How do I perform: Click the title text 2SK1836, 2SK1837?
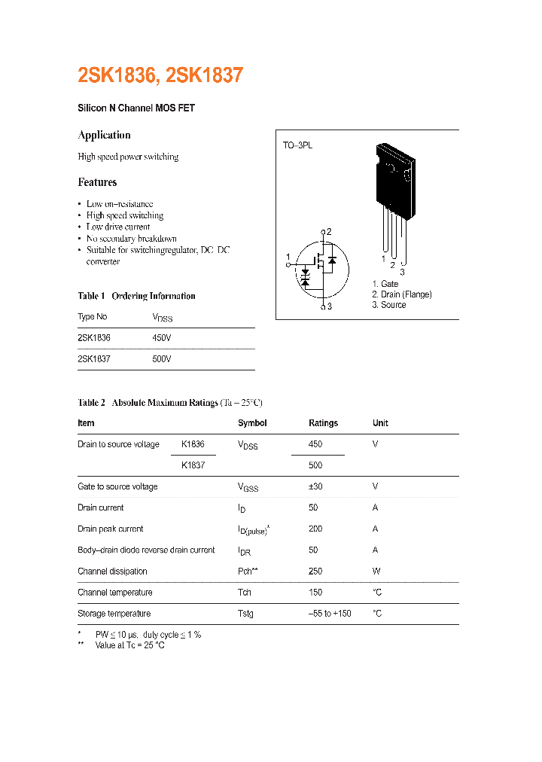pyautogui.click(x=160, y=76)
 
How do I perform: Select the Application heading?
pyautogui.click(x=104, y=136)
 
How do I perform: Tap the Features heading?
pyautogui.click(x=97, y=182)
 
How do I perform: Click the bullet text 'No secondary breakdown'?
pyautogui.click(x=131, y=239)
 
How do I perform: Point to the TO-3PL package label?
pyautogui.click(x=297, y=144)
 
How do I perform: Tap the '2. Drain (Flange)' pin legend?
pyautogui.click(x=401, y=294)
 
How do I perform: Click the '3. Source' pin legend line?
pyautogui.click(x=388, y=305)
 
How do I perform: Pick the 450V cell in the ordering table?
pyautogui.click(x=162, y=338)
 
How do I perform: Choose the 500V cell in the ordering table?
pyautogui.click(x=162, y=359)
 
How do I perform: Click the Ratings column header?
pyautogui.click(x=323, y=423)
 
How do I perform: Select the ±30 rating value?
pyautogui.click(x=315, y=486)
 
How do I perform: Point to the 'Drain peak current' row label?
pyautogui.click(x=110, y=529)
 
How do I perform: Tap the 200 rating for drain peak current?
pyautogui.click(x=315, y=529)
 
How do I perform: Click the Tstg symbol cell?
pyautogui.click(x=245, y=614)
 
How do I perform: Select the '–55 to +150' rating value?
pyautogui.click(x=330, y=614)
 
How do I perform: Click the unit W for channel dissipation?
pyautogui.click(x=376, y=571)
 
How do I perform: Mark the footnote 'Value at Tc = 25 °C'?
pyautogui.click(x=129, y=645)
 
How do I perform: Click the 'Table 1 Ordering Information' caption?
pyautogui.click(x=136, y=296)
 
